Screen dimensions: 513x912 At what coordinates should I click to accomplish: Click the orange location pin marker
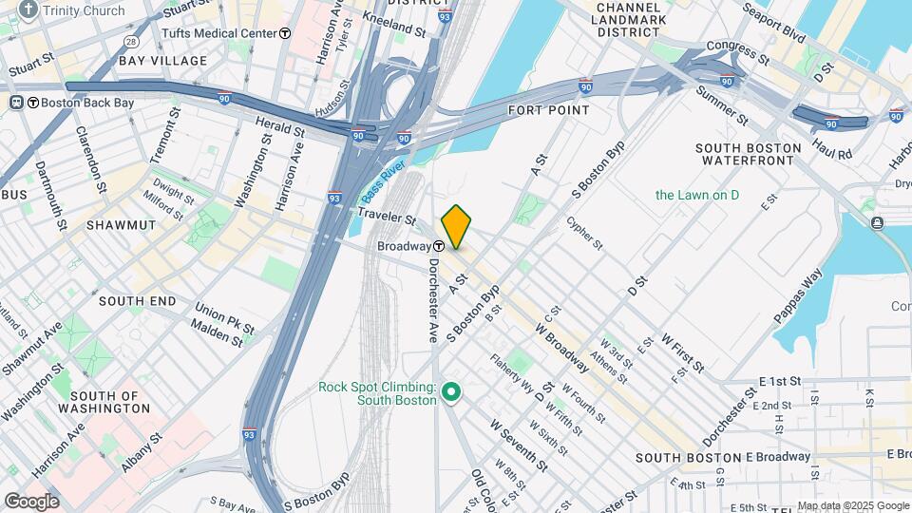click(456, 226)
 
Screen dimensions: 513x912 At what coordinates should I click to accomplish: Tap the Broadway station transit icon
click(439, 246)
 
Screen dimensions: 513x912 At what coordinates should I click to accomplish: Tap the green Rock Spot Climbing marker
click(452, 392)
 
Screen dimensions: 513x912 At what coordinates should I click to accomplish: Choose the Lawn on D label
click(696, 195)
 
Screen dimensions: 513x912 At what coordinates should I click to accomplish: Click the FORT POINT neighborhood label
click(548, 110)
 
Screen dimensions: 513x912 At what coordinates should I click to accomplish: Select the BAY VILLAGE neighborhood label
click(163, 61)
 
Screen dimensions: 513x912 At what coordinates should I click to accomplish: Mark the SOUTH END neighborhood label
click(137, 301)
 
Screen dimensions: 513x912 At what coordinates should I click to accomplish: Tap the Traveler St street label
click(384, 219)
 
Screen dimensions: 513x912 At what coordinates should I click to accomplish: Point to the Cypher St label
click(584, 233)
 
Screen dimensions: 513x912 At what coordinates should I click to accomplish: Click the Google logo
click(31, 501)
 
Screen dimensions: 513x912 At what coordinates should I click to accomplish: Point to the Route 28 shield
click(130, 43)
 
